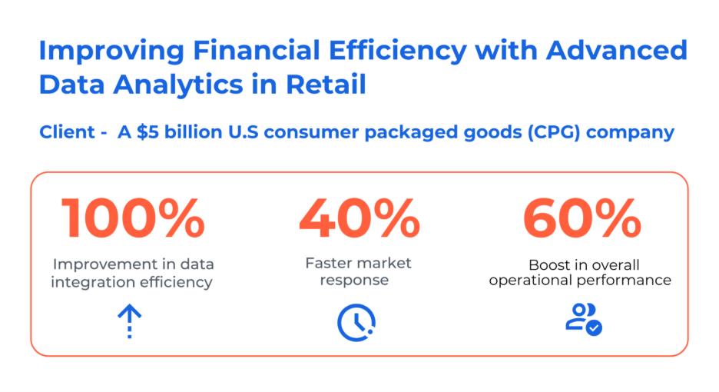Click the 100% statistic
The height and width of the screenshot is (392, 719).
[133, 218]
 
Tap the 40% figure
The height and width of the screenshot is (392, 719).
[359, 218]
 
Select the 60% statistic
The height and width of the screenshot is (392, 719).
[582, 218]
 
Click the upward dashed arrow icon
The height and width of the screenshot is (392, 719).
[130, 321]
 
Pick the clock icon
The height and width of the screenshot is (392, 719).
[356, 322]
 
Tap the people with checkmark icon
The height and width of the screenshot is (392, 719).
[584, 319]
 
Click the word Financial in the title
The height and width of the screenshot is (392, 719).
[257, 50]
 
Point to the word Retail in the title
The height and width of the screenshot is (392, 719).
[326, 85]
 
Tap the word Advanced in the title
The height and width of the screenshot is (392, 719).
[617, 50]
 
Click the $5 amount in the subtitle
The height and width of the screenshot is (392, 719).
[147, 132]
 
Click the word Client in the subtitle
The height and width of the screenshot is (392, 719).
[67, 132]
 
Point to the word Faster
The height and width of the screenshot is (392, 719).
[330, 263]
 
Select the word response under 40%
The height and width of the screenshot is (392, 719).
[354, 281]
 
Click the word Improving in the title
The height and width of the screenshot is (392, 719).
[111, 51]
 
